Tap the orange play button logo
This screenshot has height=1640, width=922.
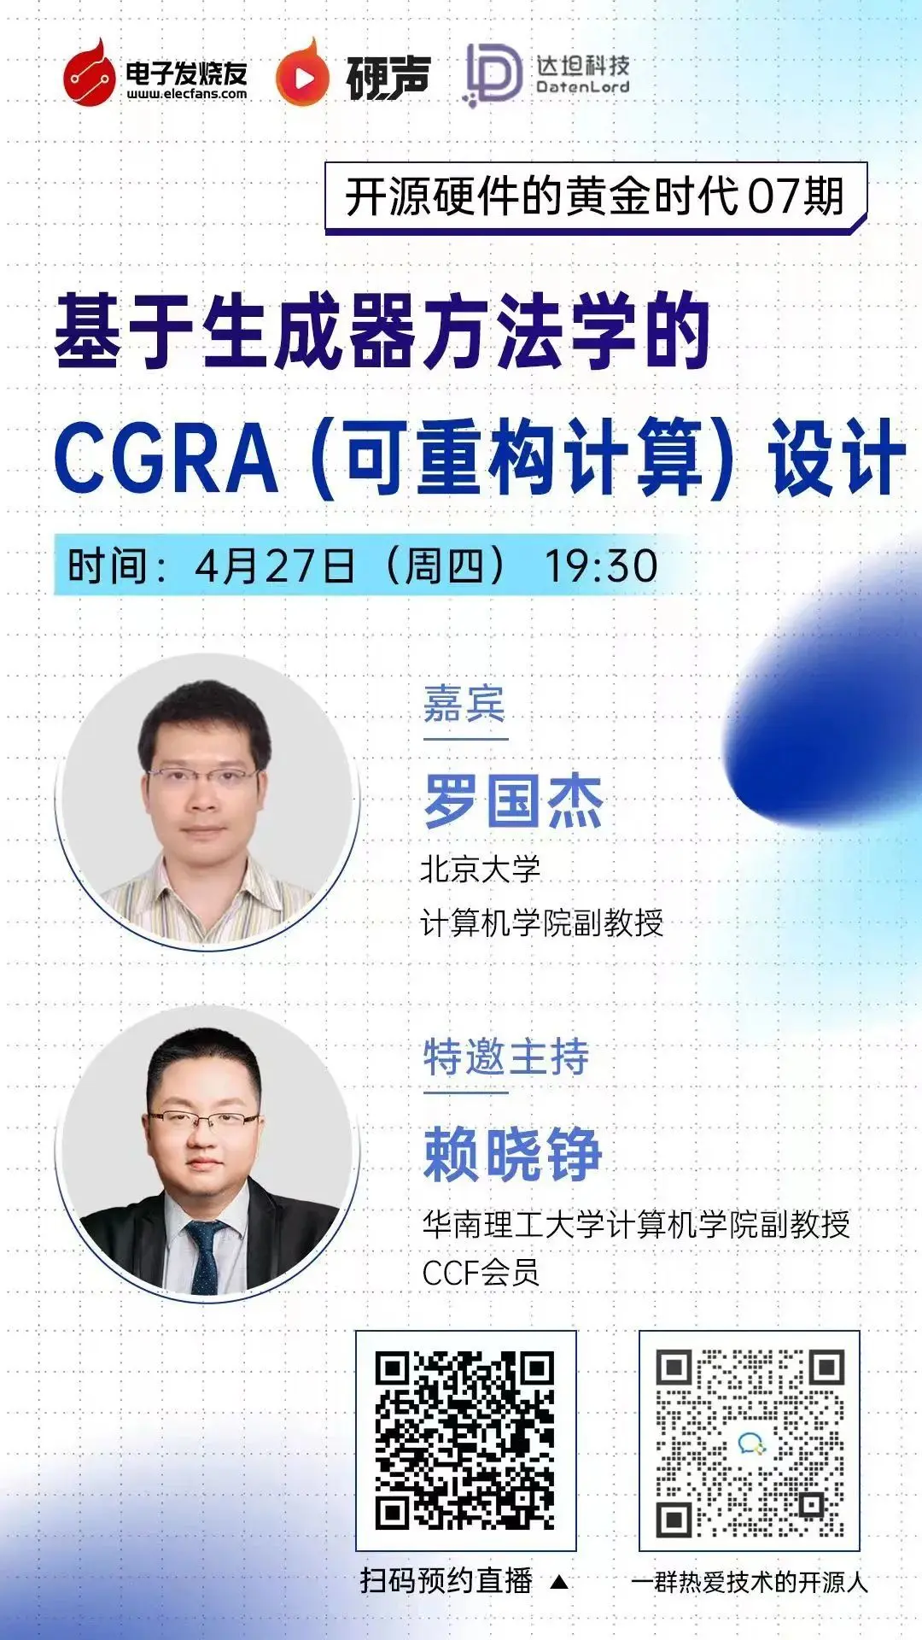[x=302, y=75]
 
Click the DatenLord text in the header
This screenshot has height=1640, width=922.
[x=583, y=87]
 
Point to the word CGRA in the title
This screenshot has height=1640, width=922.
[x=166, y=458]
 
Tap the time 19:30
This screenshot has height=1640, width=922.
[x=601, y=565]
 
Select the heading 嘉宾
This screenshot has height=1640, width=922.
[x=464, y=704]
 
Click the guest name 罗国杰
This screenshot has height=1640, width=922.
[x=514, y=801]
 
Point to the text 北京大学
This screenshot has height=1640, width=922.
[x=481, y=870]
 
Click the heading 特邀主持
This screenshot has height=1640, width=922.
[x=506, y=1057]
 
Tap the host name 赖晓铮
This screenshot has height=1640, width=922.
[x=514, y=1154]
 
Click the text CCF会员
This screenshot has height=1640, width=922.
[x=481, y=1273]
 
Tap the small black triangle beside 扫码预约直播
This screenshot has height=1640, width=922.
[x=559, y=1582]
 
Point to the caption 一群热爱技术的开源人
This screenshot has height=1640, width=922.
[x=750, y=1583]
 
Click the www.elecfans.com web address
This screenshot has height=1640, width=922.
[x=187, y=94]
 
